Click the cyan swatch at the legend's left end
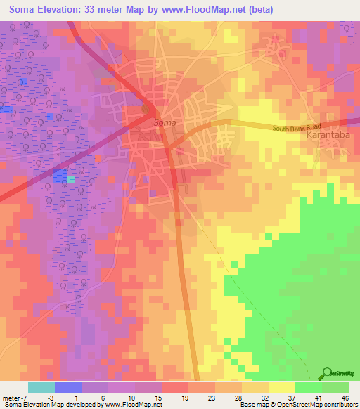41,387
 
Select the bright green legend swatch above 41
309,387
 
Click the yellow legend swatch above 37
282,387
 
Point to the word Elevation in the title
63,10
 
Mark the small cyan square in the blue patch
71,180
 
